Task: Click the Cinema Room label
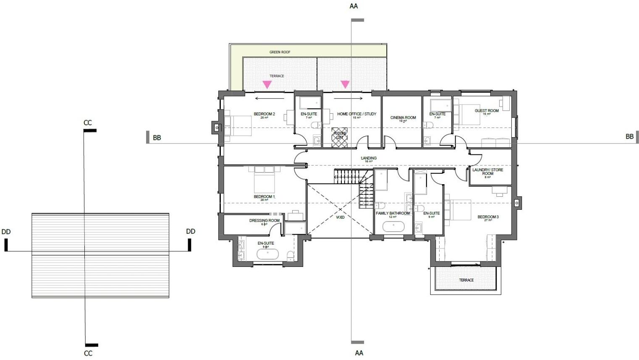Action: (403, 117)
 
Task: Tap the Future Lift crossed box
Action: (340, 137)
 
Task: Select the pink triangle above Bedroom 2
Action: (267, 85)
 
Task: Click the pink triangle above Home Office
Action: (345, 84)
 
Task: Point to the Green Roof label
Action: (280, 52)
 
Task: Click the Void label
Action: (340, 217)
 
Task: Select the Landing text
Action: (369, 158)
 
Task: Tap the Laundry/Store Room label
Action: (487, 172)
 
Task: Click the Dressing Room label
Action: (264, 221)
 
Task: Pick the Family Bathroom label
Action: (393, 213)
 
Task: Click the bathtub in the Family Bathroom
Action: (393, 227)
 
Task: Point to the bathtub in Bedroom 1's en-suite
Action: (267, 254)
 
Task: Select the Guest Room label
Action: (487, 111)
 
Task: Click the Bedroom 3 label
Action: (488, 217)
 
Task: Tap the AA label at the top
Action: (354, 6)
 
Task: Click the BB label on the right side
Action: (629, 136)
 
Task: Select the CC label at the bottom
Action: (88, 353)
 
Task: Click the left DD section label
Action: (6, 232)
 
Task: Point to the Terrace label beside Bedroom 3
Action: (466, 280)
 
